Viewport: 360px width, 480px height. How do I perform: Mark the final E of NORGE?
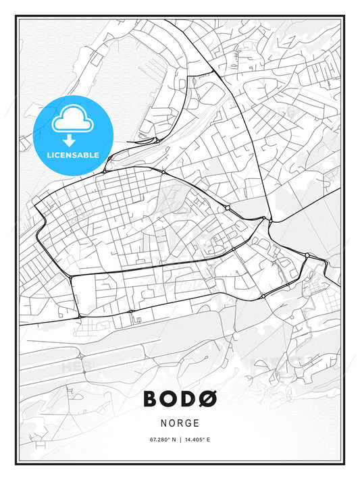click(197, 423)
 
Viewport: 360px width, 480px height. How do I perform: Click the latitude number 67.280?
click(159, 440)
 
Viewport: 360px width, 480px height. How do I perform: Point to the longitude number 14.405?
click(195, 440)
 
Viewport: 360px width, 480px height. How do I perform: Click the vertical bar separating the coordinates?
click(180, 440)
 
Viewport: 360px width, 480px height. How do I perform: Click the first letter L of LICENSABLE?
click(49, 155)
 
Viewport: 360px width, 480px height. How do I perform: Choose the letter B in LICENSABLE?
click(88, 155)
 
